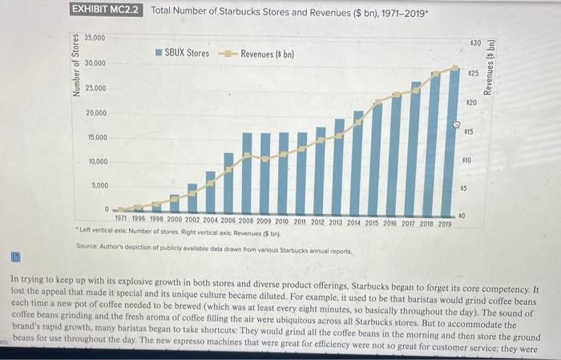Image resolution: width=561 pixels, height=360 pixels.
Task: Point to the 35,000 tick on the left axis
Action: [95, 37]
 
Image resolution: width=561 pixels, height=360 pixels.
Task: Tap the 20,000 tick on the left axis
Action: [96, 112]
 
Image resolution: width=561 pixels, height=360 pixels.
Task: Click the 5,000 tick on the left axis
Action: [99, 185]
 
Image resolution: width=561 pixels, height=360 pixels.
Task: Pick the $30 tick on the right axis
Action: [475, 42]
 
